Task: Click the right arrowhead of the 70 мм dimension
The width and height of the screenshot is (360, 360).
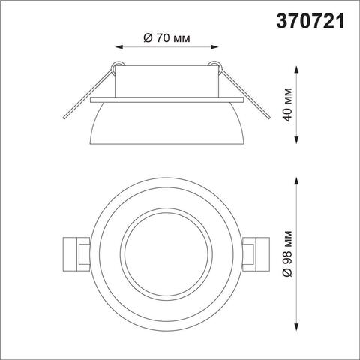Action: pos(215,47)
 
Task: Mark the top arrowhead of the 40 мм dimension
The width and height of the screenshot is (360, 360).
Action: pos(300,70)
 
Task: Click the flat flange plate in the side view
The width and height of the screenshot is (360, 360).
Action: pos(166,98)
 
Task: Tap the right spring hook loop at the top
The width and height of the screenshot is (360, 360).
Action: pos(216,67)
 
